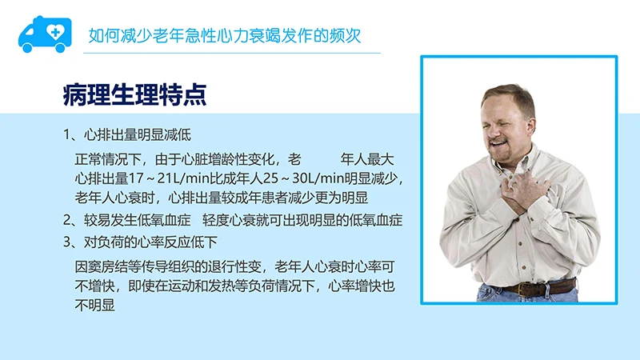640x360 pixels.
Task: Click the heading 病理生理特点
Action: [x=135, y=95]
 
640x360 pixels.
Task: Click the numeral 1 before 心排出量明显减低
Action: [x=68, y=134]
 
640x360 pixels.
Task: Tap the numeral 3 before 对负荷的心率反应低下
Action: [x=68, y=242]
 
